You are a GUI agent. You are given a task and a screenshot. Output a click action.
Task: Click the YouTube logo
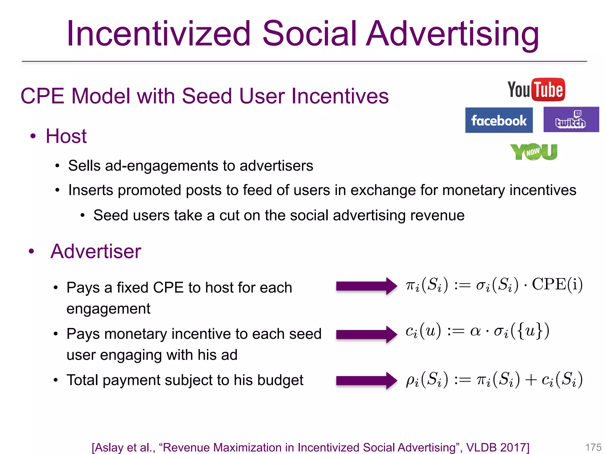point(536,90)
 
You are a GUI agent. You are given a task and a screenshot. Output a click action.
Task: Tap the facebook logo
point(499,120)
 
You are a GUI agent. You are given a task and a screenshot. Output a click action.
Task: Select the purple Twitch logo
point(571,120)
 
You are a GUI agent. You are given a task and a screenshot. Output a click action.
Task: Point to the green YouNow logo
point(534,152)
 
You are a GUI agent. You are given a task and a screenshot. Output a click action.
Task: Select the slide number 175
point(593,447)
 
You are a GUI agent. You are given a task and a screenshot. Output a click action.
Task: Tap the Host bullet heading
point(66,136)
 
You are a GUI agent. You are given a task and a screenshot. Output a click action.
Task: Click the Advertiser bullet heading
point(96,251)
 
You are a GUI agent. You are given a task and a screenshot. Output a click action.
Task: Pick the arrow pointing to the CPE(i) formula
point(366,286)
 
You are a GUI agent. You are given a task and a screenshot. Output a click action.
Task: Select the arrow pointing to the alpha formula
point(366,334)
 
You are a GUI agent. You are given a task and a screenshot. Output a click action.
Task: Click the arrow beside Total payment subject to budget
point(366,380)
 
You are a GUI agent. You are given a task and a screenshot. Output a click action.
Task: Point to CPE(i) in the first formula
point(557,285)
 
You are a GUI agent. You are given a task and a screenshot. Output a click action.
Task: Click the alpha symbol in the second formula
point(475,331)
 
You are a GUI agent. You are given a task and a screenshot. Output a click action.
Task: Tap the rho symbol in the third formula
point(411,380)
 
